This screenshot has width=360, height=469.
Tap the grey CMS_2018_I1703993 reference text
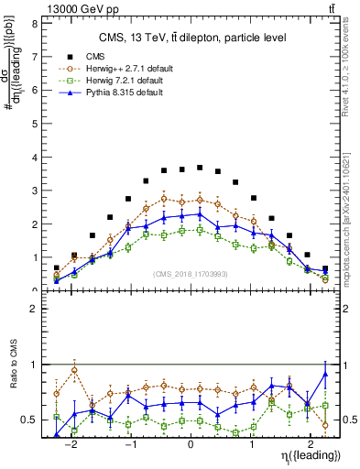point(191,274)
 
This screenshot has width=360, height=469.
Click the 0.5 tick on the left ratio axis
point(30,420)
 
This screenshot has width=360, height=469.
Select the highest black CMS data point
point(200,168)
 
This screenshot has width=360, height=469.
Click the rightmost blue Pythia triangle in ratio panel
point(325,374)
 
